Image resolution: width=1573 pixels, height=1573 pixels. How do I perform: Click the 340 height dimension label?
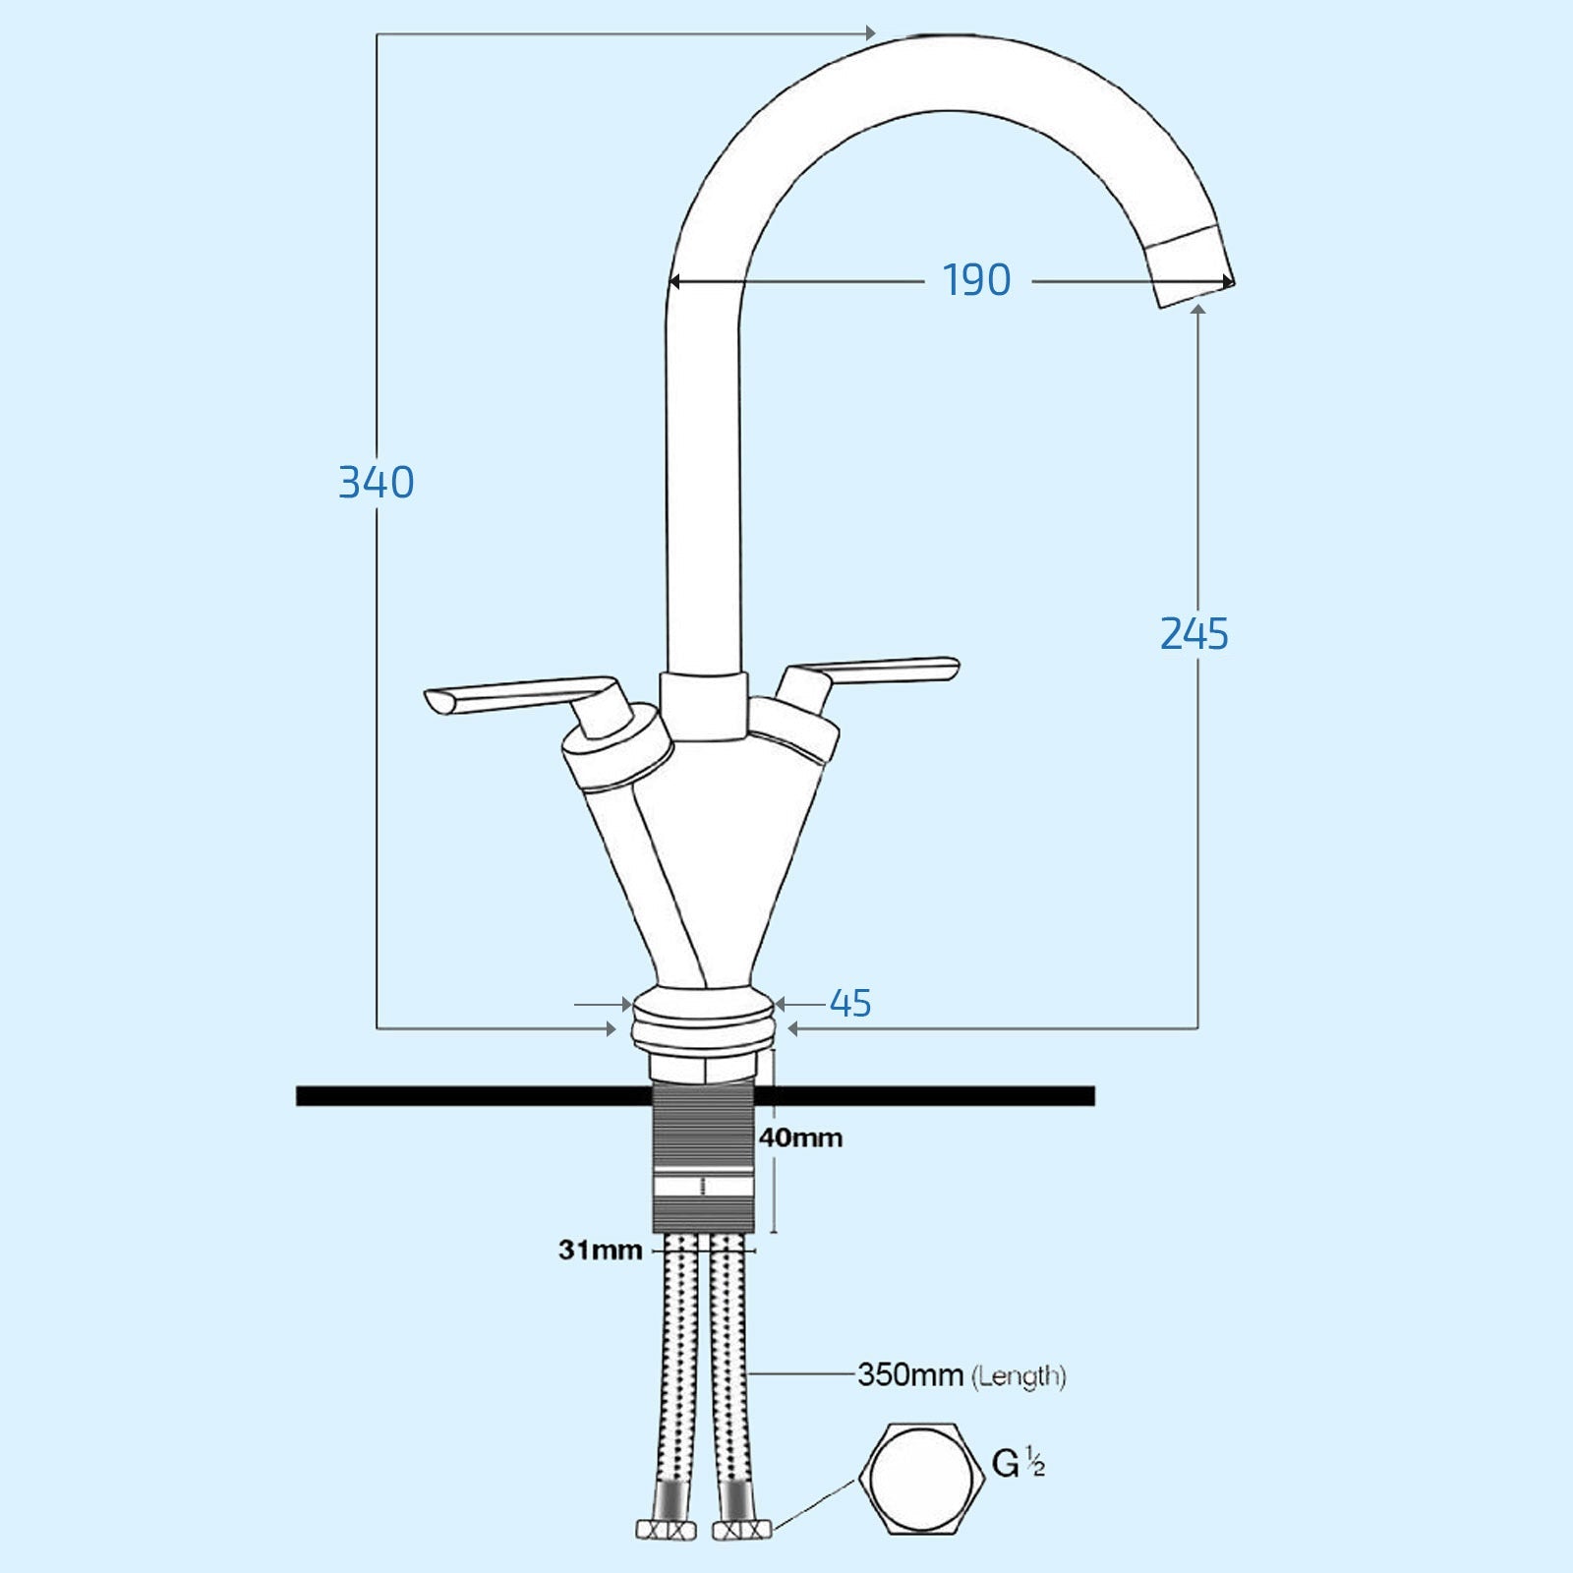(x=376, y=483)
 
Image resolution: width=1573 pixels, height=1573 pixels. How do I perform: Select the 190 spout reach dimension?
(x=976, y=281)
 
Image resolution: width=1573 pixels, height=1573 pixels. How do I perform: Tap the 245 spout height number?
(x=1194, y=634)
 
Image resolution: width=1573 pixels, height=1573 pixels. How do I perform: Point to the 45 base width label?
(x=850, y=1004)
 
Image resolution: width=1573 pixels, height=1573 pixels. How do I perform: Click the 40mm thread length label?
(x=800, y=1138)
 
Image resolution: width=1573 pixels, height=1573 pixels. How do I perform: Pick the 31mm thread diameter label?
(x=600, y=1251)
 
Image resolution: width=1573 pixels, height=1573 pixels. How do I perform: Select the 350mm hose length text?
(x=909, y=1374)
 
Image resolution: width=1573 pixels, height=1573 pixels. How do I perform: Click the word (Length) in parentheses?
(x=1019, y=1375)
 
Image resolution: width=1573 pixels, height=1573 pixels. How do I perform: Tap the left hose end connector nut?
(x=667, y=1531)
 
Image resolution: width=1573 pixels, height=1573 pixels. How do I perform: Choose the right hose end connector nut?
(x=742, y=1531)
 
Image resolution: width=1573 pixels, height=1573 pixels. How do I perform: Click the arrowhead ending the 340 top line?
(x=870, y=34)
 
